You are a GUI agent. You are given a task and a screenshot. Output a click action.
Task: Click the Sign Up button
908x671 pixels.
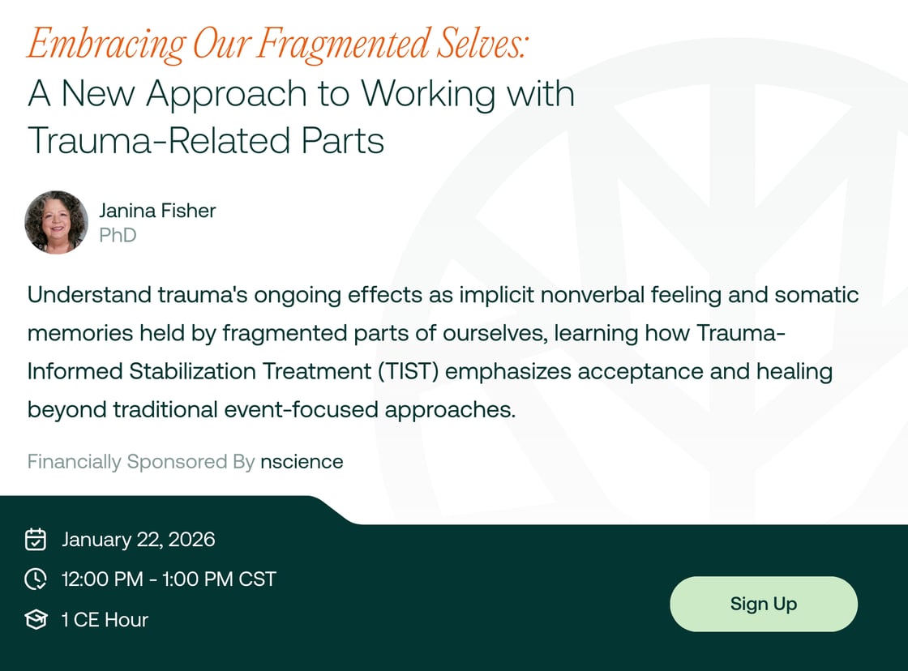click(x=763, y=604)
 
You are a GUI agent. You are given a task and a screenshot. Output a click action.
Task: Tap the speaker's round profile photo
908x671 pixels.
click(x=56, y=222)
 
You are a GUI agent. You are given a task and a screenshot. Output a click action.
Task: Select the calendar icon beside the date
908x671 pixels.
click(x=36, y=539)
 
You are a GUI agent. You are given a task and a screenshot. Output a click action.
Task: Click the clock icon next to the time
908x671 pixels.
click(x=36, y=579)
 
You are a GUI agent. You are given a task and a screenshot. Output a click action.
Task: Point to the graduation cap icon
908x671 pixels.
click(x=36, y=620)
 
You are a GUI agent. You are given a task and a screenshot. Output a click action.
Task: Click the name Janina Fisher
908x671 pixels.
click(x=157, y=211)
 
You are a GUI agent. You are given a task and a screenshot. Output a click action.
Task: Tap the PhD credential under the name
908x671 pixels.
click(x=118, y=236)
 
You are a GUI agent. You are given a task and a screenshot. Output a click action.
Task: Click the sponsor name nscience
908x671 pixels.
click(x=302, y=462)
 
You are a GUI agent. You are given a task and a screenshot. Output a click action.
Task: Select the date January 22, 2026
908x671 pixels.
click(x=139, y=540)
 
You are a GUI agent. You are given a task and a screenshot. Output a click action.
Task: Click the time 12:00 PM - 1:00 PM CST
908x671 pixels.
click(x=169, y=579)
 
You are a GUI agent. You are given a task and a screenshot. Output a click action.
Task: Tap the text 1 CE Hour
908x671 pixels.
click(x=105, y=620)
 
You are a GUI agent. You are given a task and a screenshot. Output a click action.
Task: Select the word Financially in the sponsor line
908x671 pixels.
click(x=74, y=462)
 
